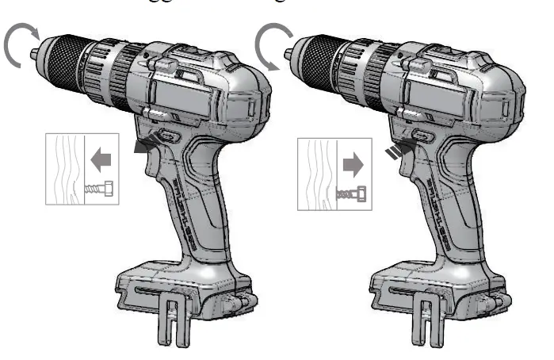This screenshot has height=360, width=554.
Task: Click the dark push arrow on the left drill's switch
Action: (x=147, y=145)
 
